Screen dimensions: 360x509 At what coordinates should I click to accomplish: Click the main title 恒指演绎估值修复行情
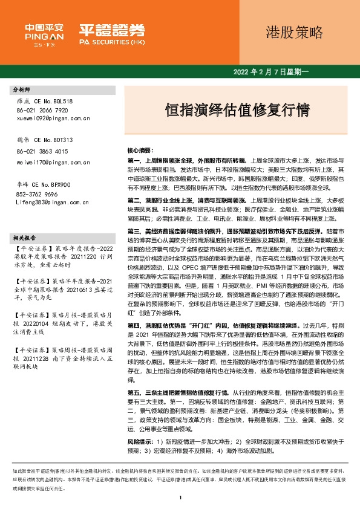tap(238, 109)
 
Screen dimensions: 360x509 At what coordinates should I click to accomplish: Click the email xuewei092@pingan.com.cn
tap(51, 120)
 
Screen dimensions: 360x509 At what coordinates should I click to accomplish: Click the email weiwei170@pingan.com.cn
tap(51, 162)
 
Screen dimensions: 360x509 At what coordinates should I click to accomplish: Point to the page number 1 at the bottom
tap(180, 498)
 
